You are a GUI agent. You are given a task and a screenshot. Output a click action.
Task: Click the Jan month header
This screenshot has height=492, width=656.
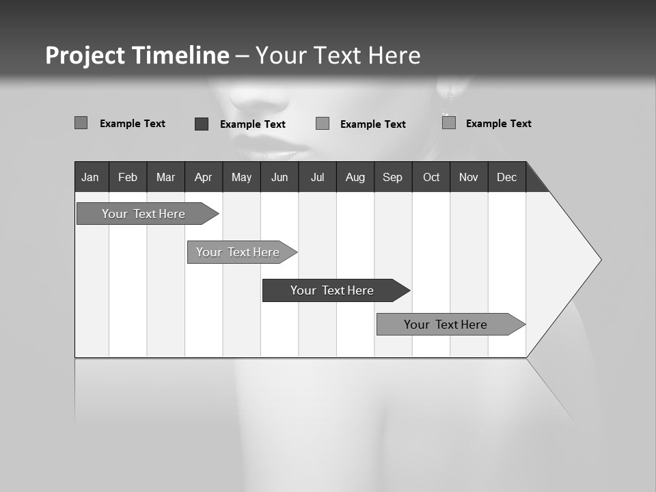90,177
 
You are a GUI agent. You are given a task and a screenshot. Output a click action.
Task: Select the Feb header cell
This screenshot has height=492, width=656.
128,177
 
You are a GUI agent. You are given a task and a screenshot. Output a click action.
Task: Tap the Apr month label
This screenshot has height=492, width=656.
203,177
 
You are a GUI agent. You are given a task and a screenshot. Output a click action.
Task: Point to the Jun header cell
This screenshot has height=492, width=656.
279,177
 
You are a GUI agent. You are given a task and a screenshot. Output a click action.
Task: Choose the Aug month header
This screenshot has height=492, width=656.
355,177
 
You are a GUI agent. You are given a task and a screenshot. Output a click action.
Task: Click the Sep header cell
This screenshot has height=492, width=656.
392,177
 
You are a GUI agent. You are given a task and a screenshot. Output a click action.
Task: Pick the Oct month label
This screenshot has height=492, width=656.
431,177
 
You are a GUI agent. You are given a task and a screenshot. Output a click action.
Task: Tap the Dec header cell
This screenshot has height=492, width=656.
506,177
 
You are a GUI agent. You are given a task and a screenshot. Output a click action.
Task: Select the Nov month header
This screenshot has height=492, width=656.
469,177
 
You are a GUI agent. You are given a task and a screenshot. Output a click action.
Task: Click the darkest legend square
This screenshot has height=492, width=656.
202,124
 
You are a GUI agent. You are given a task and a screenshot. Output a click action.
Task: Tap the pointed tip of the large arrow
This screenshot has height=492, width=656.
599,260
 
